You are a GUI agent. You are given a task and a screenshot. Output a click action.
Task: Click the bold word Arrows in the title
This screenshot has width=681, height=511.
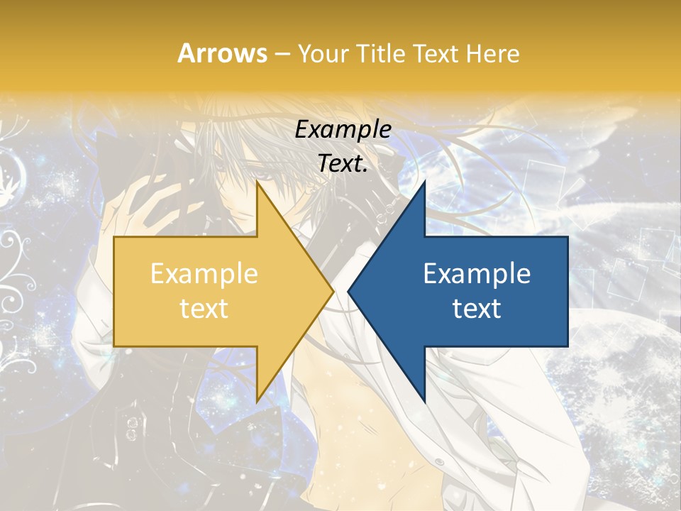click(x=223, y=53)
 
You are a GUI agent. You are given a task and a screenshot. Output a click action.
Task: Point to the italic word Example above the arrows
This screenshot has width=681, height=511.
click(x=343, y=130)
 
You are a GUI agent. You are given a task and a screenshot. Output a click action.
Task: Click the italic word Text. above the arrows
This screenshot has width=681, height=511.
click(x=343, y=163)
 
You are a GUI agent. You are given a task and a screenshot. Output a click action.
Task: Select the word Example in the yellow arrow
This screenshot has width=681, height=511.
click(x=204, y=274)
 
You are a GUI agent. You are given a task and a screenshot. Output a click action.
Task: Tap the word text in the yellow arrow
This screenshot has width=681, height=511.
click(x=204, y=308)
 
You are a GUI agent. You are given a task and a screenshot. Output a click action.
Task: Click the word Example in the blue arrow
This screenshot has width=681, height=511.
click(x=477, y=274)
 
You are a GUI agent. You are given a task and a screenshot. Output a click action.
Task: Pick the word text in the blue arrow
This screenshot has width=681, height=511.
click(x=477, y=308)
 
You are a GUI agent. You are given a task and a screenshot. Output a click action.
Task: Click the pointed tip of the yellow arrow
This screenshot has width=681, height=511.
click(x=331, y=291)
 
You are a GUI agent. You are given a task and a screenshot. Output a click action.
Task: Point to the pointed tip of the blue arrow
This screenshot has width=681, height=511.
click(x=350, y=291)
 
